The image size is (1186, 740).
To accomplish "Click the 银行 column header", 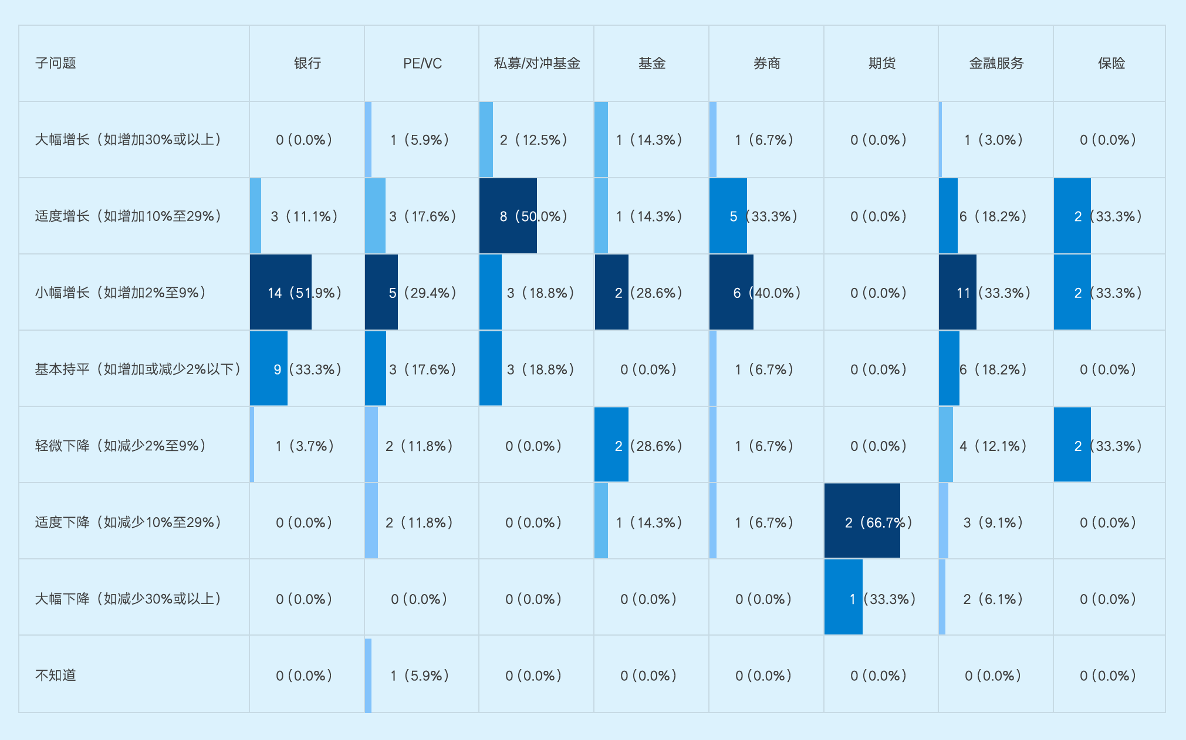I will click(x=307, y=63).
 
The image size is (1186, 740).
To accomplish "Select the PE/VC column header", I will click(x=422, y=63).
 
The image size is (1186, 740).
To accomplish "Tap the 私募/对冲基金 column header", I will click(x=536, y=63).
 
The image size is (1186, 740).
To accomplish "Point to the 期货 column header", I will click(x=881, y=63).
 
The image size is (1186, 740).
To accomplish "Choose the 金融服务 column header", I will click(x=996, y=63).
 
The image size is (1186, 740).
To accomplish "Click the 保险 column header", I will click(x=1111, y=63).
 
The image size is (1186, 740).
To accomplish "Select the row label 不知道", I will click(x=56, y=675).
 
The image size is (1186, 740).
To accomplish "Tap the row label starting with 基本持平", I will click(x=137, y=369).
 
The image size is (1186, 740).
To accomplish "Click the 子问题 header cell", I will click(x=56, y=63).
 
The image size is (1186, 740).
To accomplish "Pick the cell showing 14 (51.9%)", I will click(x=305, y=293).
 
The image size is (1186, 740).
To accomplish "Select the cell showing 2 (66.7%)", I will click(x=878, y=522).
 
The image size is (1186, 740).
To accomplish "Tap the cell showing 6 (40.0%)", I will click(x=766, y=293).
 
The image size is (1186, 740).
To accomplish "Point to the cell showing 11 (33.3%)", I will click(x=994, y=293).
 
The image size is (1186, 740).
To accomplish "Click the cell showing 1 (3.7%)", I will click(x=305, y=446).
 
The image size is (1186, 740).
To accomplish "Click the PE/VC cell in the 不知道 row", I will click(x=420, y=675).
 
